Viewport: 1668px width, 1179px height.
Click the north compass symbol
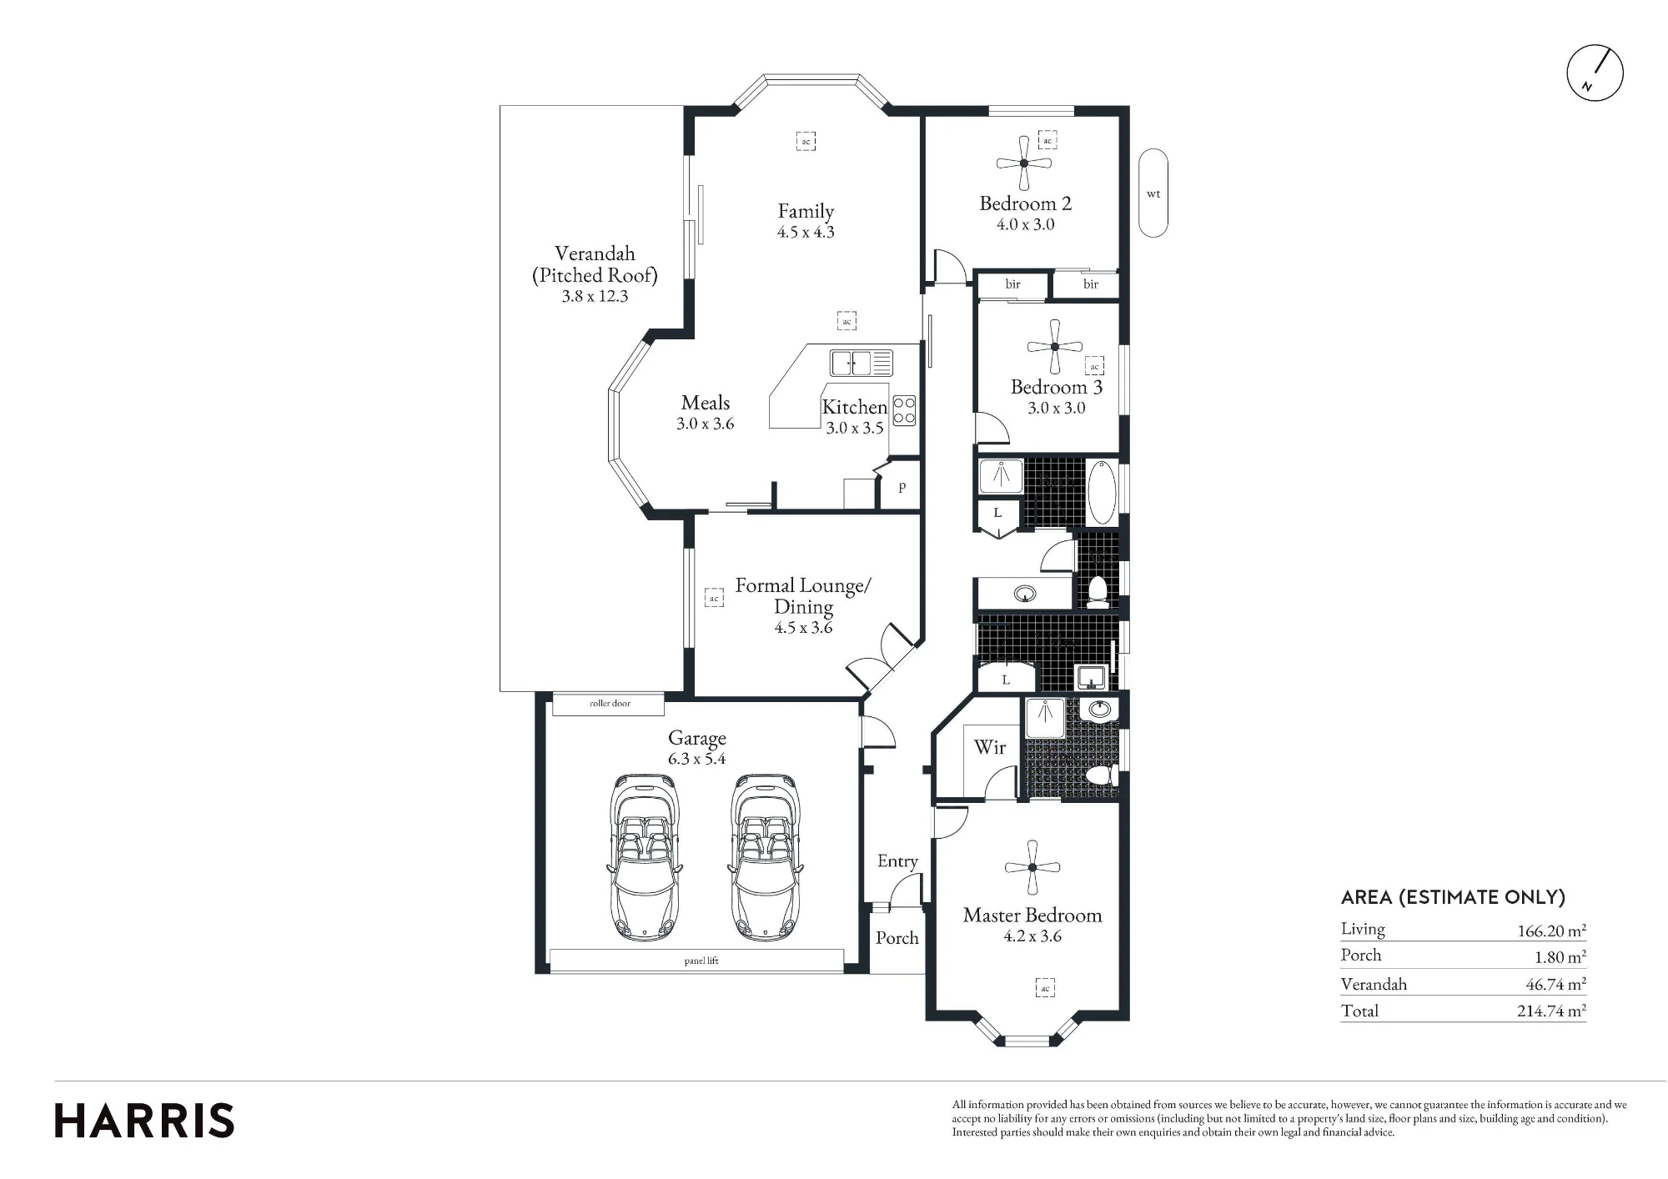(x=1595, y=73)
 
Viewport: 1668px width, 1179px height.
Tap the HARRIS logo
(x=144, y=1121)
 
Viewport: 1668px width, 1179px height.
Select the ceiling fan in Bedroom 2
(x=1024, y=163)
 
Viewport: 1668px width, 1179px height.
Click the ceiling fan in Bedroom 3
(x=1055, y=347)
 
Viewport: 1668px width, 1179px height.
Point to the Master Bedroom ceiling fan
(x=1032, y=867)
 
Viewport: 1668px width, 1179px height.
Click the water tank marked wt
(x=1153, y=193)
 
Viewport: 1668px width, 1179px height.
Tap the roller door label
(x=610, y=704)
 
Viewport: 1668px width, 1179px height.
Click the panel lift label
(x=701, y=961)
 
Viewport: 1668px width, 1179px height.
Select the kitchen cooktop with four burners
(x=904, y=410)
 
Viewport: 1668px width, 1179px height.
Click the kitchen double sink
(x=861, y=363)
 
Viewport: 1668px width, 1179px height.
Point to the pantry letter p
(x=902, y=487)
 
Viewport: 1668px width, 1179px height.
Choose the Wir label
(x=990, y=747)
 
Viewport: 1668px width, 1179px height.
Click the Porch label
(x=897, y=938)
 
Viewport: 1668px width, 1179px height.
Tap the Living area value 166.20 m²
(x=1551, y=931)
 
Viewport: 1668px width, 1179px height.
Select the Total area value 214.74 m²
(x=1551, y=1011)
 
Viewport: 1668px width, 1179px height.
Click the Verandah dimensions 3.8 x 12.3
(x=595, y=296)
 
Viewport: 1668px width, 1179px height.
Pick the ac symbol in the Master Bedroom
(x=1045, y=988)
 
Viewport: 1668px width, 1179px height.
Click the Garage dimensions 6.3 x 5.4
(x=697, y=759)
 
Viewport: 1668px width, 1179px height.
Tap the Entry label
(x=897, y=861)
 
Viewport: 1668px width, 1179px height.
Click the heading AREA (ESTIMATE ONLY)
(x=1453, y=897)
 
